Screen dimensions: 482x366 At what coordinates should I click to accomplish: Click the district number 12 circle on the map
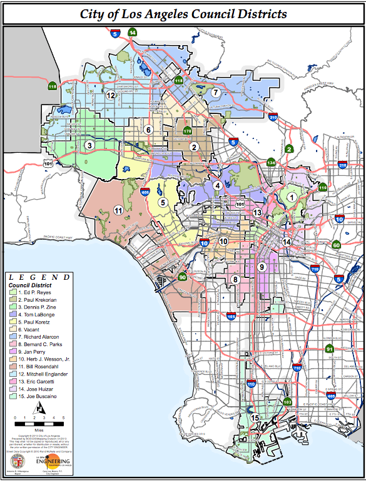point(110,95)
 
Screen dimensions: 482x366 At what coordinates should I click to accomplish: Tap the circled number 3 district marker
point(89,146)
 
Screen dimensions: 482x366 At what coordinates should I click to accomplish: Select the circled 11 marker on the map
point(118,210)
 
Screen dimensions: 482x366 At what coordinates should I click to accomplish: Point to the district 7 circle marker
point(215,93)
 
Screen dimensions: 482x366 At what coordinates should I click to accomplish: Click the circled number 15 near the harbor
point(255,418)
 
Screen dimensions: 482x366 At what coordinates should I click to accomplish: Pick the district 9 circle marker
point(262,267)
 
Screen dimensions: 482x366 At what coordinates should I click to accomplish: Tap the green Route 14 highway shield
point(132,33)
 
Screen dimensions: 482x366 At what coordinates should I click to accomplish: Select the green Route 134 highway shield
point(271,162)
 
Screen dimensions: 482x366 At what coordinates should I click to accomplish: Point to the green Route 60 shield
point(336,245)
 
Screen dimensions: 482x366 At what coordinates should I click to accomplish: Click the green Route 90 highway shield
point(183,277)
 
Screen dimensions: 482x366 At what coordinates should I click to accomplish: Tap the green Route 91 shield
point(329,349)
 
